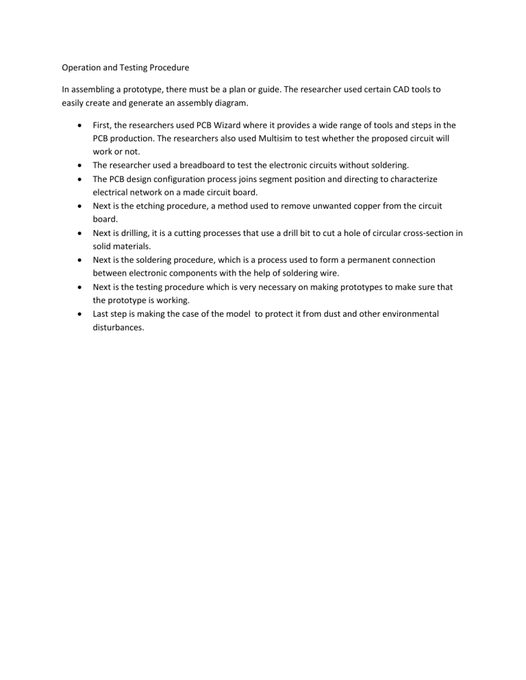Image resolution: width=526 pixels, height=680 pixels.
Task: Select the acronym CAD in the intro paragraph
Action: coord(387,90)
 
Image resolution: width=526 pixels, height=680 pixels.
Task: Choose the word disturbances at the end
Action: coord(118,328)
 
